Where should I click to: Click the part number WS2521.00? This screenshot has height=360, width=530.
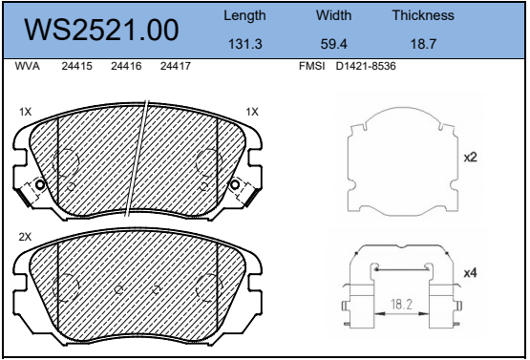(x=101, y=31)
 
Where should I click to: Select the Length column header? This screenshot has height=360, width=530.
(x=244, y=16)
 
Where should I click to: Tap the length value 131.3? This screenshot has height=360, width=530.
(x=245, y=44)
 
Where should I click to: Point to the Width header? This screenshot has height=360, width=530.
(x=333, y=15)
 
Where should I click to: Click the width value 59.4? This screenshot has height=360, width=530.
(x=333, y=44)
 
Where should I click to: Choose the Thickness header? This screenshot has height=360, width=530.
(x=423, y=15)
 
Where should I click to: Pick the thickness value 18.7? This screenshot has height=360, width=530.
(x=423, y=44)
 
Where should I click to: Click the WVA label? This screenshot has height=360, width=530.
(x=28, y=66)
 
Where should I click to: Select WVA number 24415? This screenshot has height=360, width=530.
(x=76, y=66)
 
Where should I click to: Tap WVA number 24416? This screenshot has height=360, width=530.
(x=126, y=66)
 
